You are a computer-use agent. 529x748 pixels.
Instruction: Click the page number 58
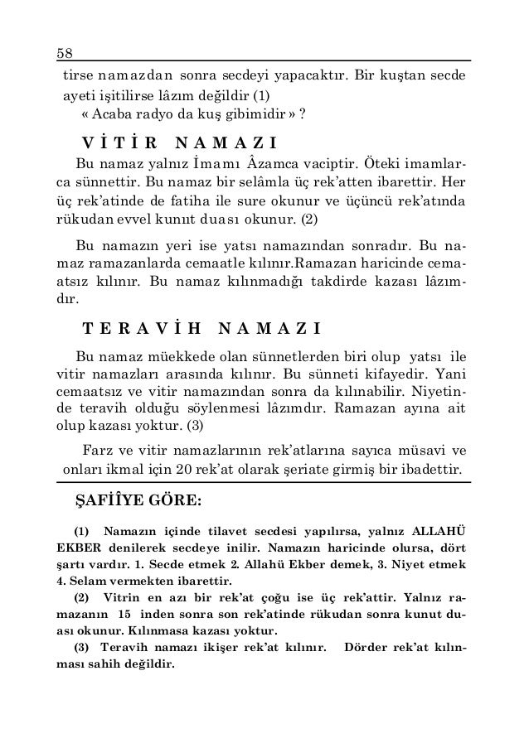pyautogui.click(x=64, y=52)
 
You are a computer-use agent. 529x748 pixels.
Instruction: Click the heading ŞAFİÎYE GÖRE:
pyautogui.click(x=133, y=502)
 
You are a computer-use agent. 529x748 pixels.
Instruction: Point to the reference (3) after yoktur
pyautogui.click(x=201, y=427)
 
